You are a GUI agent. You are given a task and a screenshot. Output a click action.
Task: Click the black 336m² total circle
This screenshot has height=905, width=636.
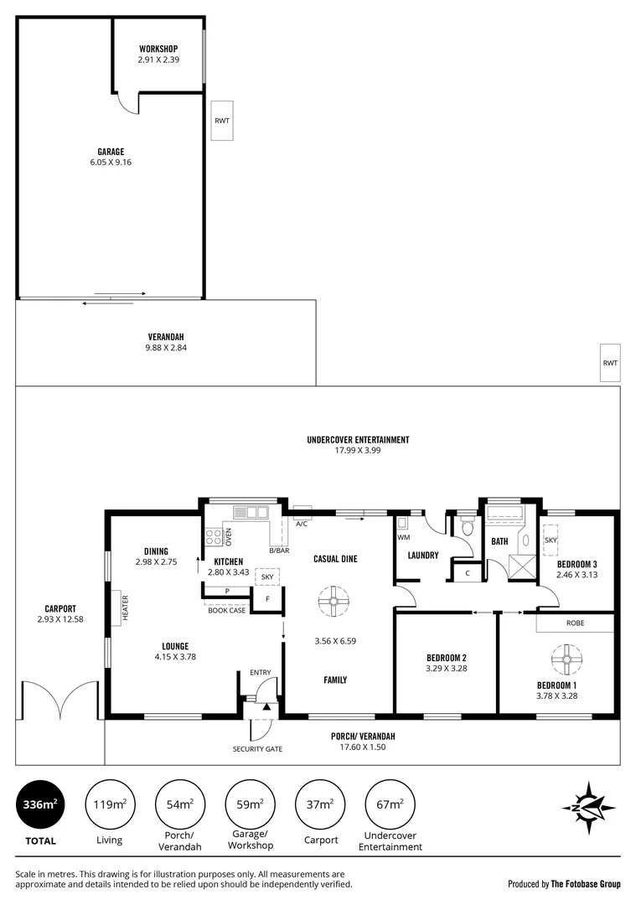[x=39, y=805]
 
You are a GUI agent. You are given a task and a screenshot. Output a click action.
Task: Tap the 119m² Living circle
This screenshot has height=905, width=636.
[x=109, y=805]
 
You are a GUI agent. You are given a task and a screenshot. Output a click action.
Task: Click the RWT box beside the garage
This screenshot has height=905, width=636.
[x=221, y=121]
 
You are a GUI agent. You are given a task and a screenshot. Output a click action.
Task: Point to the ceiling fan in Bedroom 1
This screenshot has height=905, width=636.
[x=567, y=659]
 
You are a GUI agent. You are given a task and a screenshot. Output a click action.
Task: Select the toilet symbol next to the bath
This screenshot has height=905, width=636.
[x=467, y=527]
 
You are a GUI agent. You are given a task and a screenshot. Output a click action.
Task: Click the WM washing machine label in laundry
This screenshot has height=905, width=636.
[x=403, y=537]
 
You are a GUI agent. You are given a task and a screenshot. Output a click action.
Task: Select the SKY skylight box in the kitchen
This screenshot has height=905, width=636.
[x=267, y=577]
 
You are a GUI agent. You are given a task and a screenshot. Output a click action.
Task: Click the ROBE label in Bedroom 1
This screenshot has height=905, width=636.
[x=574, y=623]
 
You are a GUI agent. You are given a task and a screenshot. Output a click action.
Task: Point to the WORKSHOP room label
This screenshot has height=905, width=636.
[x=158, y=49]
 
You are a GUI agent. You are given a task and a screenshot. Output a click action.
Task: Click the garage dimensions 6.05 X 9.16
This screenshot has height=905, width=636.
[x=111, y=163]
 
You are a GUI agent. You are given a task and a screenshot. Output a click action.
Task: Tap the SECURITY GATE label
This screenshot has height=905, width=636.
[x=257, y=748]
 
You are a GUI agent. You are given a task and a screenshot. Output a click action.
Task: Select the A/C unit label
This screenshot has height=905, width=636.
[x=302, y=523]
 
